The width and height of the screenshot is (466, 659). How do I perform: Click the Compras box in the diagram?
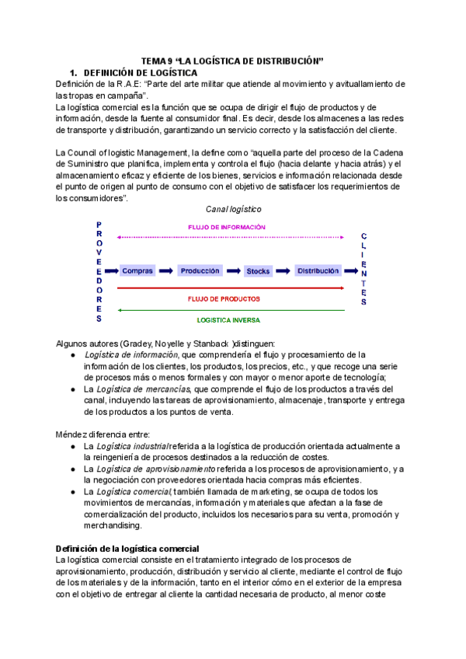pyautogui.click(x=137, y=270)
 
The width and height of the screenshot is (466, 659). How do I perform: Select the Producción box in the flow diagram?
pyautogui.click(x=200, y=270)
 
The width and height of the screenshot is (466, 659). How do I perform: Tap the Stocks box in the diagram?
pyautogui.click(x=258, y=271)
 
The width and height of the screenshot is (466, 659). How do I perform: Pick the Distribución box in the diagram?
pyautogui.click(x=318, y=270)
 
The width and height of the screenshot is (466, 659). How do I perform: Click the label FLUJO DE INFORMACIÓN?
pyautogui.click(x=227, y=227)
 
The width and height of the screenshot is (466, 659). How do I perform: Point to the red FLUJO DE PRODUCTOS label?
pyautogui.click(x=224, y=298)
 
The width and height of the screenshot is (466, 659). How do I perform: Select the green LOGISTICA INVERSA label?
pyautogui.click(x=228, y=319)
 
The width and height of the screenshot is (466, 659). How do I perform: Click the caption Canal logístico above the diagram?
pyautogui.click(x=233, y=209)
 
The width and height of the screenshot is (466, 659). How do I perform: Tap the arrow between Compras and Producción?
pyautogui.click(x=166, y=270)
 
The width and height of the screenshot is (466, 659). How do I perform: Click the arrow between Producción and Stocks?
pyautogui.click(x=232, y=270)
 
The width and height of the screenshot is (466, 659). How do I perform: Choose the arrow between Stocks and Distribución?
pyautogui.click(x=283, y=270)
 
